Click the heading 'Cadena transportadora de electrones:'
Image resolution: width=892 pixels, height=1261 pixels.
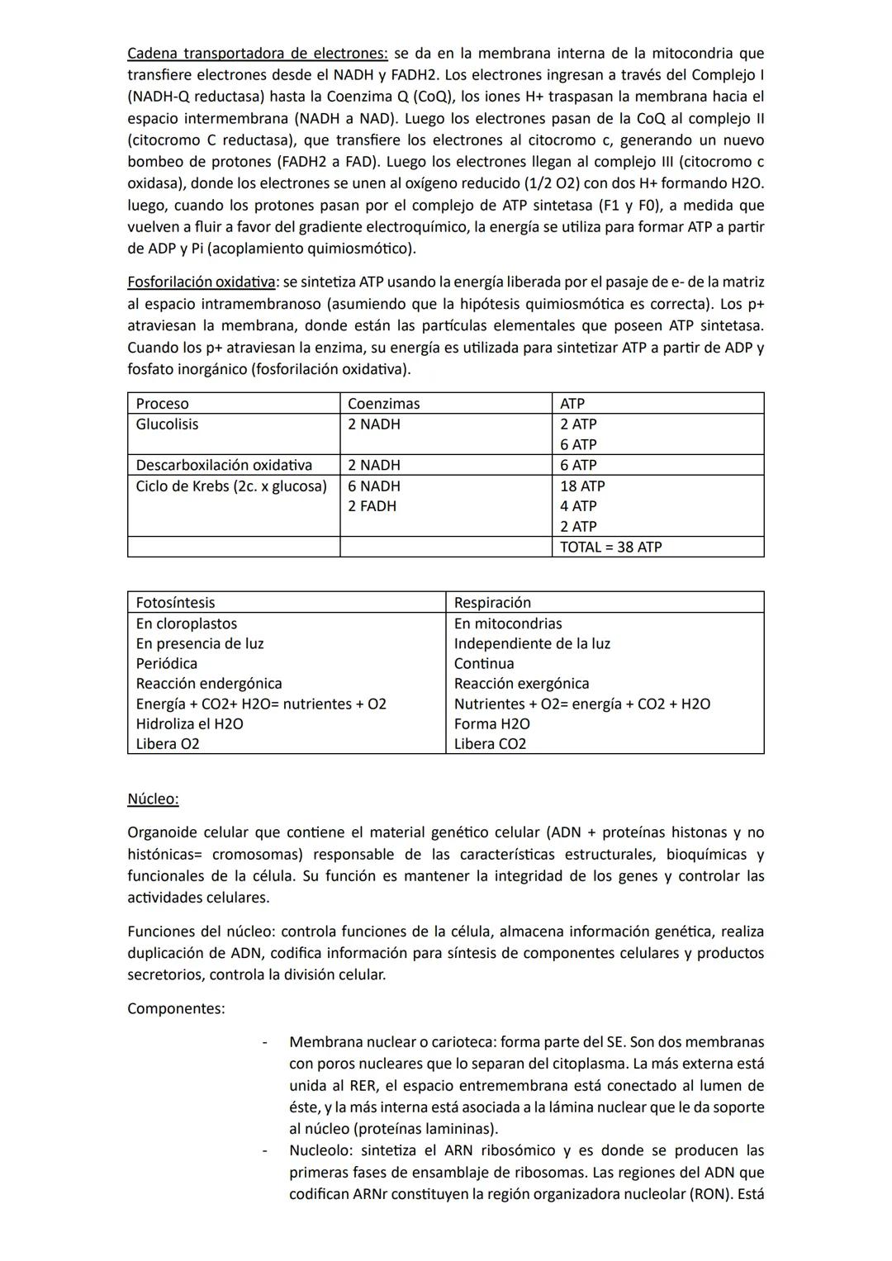[257, 54]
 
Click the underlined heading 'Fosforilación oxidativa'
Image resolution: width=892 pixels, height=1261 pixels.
[202, 282]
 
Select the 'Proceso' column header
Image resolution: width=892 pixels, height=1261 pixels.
[162, 404]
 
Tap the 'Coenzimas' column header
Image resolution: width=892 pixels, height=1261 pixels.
[383, 404]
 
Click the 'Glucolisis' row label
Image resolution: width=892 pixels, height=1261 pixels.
[167, 424]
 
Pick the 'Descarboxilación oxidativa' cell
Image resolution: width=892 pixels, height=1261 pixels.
[224, 465]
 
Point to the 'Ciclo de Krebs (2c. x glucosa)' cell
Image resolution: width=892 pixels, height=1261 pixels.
[231, 486]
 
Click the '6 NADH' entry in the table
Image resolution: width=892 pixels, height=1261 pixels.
[373, 486]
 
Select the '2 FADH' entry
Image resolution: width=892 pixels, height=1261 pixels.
[372, 506]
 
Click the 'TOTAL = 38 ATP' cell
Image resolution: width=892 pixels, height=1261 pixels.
[611, 547]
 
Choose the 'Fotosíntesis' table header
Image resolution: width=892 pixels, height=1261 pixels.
[175, 603]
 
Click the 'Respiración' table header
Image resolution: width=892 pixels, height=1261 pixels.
[492, 603]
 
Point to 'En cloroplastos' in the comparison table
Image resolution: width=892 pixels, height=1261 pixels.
[186, 623]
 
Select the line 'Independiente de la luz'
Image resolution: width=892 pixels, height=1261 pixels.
[532, 643]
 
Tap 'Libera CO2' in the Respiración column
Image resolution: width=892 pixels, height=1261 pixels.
[490, 744]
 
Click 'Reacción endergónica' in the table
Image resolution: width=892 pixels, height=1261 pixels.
[209, 684]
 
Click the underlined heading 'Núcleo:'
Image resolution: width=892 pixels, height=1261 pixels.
[153, 799]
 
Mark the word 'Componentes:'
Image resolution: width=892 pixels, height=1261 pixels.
[176, 1008]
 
